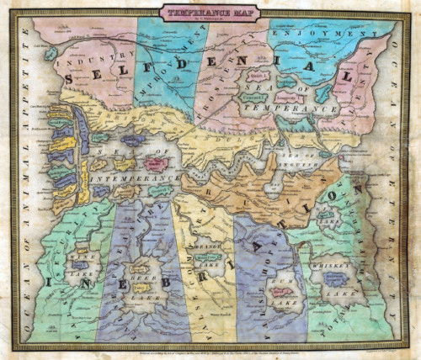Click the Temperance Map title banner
pos(210,12)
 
